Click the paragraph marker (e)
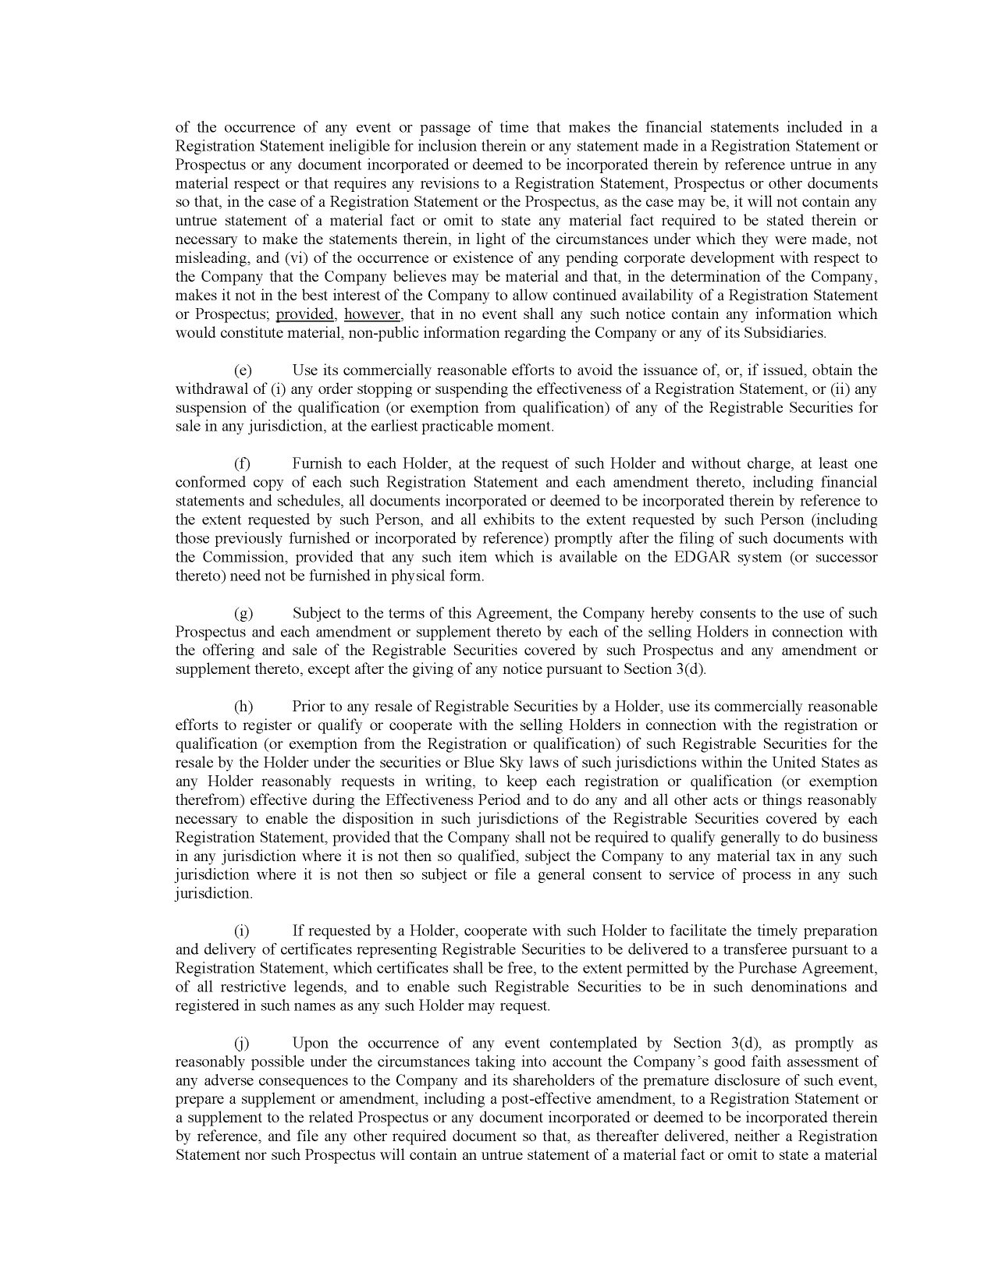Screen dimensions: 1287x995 click(x=243, y=370)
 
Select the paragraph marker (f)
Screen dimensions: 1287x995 click(x=243, y=464)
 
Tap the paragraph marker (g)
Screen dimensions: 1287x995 click(x=243, y=614)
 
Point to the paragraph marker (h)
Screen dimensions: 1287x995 click(x=243, y=707)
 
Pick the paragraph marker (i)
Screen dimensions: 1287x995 click(x=243, y=931)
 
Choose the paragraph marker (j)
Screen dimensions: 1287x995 click(x=243, y=1044)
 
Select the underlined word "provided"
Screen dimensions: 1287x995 click(x=305, y=314)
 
